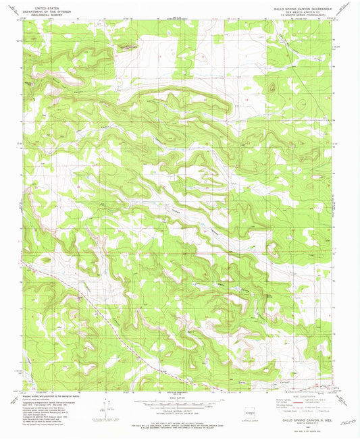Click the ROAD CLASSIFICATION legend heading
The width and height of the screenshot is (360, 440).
coord(297,395)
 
